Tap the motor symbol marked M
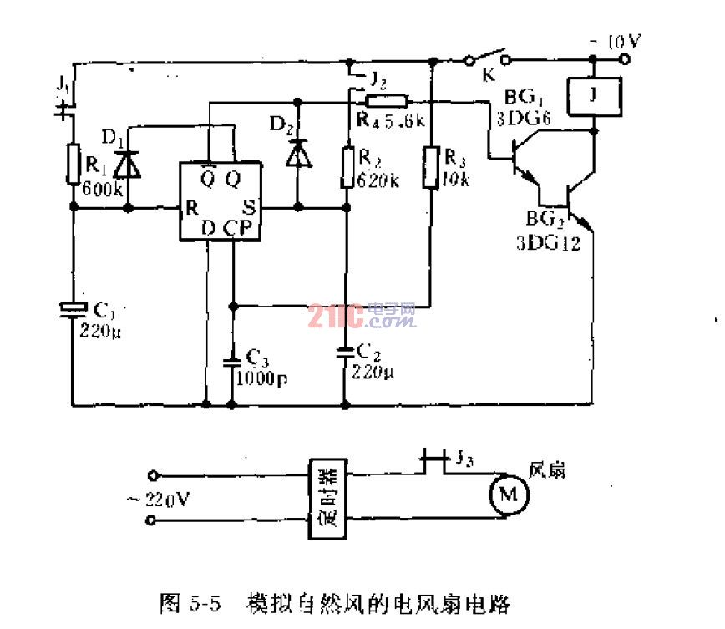point(509,495)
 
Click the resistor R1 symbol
point(72,163)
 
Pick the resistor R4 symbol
point(388,102)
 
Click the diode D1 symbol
point(128,162)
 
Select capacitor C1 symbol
point(73,309)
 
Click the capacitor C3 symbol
point(232,362)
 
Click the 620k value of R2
point(373,180)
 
